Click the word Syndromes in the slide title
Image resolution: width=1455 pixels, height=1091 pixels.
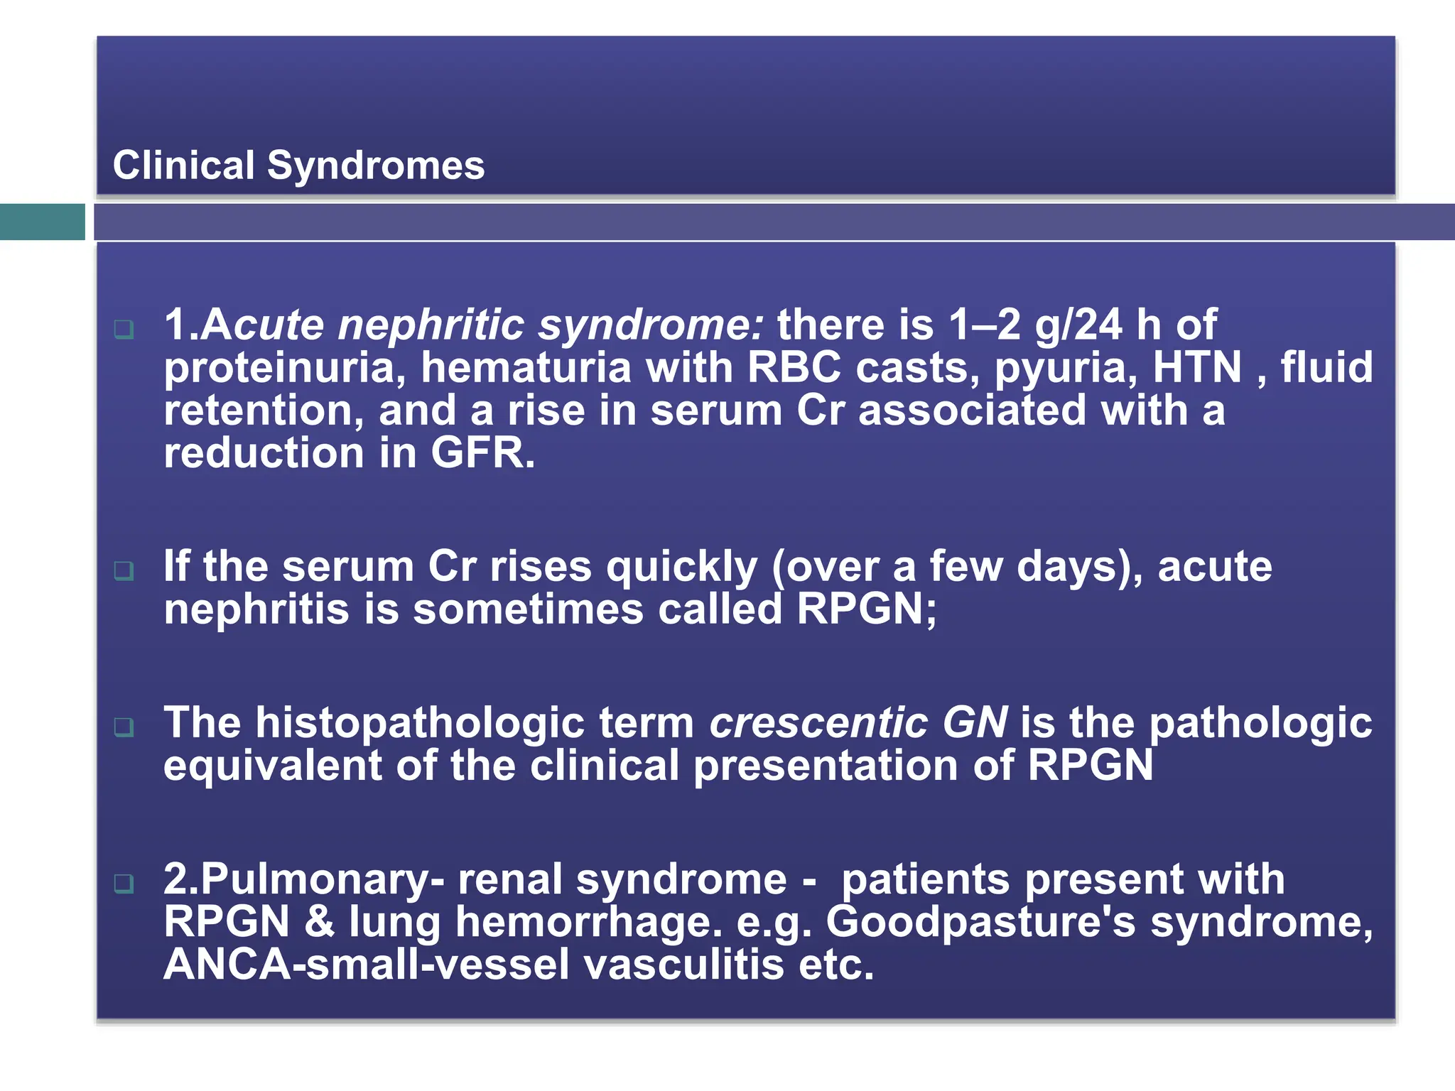pyautogui.click(x=375, y=166)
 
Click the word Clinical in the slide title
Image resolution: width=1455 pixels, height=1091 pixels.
pyautogui.click(x=183, y=165)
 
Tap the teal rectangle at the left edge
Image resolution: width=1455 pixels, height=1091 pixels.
pyautogui.click(x=42, y=222)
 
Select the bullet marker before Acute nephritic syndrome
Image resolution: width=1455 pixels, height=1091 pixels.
pyautogui.click(x=124, y=329)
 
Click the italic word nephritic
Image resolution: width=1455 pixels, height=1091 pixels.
pyautogui.click(x=431, y=325)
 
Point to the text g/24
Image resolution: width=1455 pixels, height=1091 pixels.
pyautogui.click(x=1078, y=325)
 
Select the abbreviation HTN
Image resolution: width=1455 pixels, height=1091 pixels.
pyautogui.click(x=1197, y=367)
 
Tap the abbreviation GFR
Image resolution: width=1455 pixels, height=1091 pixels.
pyautogui.click(x=482, y=453)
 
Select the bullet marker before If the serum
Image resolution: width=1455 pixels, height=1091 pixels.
pyautogui.click(x=124, y=570)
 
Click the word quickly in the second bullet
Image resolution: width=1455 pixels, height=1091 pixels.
pyautogui.click(x=681, y=568)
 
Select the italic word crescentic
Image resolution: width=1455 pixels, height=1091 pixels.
pyautogui.click(x=818, y=723)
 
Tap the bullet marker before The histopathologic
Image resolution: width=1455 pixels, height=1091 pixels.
pyautogui.click(x=124, y=727)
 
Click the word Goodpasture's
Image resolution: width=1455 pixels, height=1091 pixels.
pyautogui.click(x=980, y=923)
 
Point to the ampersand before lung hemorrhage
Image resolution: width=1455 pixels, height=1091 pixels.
pyautogui.click(x=319, y=923)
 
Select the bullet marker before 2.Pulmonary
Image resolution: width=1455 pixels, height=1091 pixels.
pyautogui.click(x=124, y=884)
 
